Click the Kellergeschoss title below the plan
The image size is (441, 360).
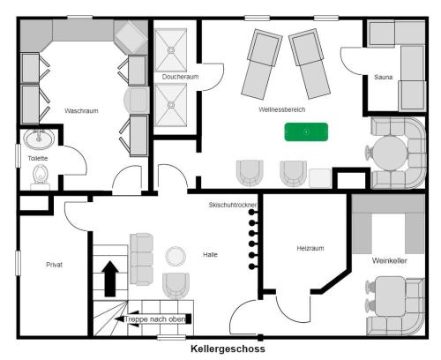click(228, 349)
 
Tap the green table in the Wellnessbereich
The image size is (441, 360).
click(305, 132)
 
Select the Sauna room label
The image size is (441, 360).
click(383, 78)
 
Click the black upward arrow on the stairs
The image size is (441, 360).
click(110, 278)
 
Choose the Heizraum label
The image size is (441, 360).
click(310, 249)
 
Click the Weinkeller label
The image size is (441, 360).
click(389, 261)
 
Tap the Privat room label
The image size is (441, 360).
click(55, 264)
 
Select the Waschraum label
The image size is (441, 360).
click(80, 111)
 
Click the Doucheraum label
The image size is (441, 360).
click(179, 78)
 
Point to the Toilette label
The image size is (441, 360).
click(38, 158)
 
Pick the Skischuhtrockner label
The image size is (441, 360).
click(233, 205)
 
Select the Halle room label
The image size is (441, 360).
click(210, 255)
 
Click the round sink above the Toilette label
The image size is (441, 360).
click(38, 139)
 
